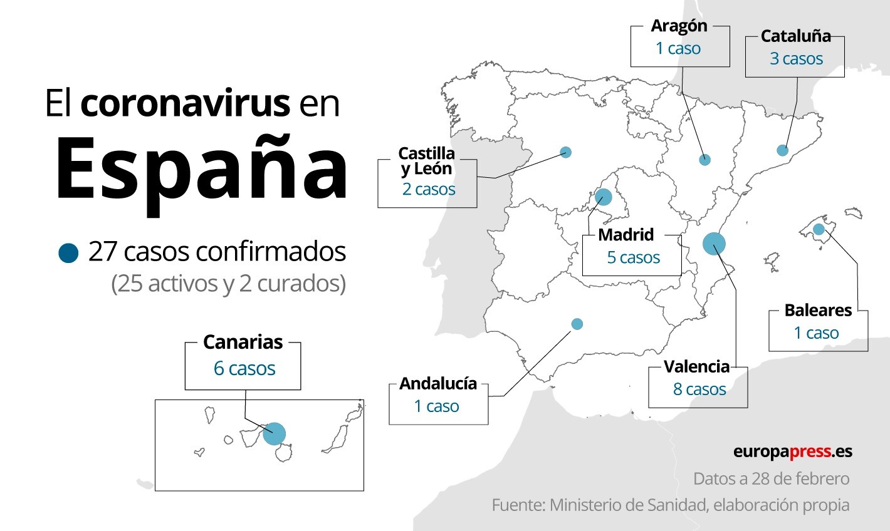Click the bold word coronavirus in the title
coord(186,103)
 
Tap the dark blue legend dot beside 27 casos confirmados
coord(68,253)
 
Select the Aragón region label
coord(679,26)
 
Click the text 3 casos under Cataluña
coord(796,59)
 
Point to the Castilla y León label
coord(426,160)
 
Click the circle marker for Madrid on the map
coord(603,197)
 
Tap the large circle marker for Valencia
coord(714,244)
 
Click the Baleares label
coord(818,311)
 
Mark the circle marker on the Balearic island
coord(819,229)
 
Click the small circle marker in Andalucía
coord(577,324)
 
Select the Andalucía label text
coord(438,383)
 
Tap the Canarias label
coord(243,343)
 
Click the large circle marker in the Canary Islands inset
coord(274,433)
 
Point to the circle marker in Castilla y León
coord(566,152)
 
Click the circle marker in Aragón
coord(704,160)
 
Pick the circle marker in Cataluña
coord(782,150)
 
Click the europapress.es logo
coord(792,451)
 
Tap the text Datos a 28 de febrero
coord(771,479)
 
